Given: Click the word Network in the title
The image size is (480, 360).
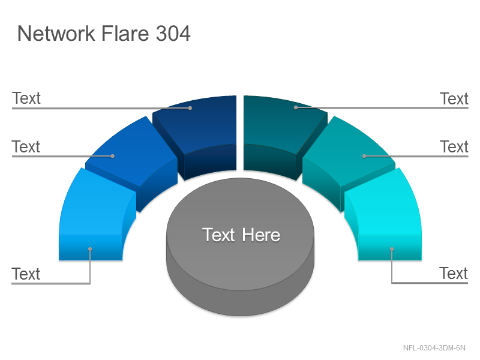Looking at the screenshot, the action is point(56,33).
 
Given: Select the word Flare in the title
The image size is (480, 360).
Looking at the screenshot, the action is point(125,33).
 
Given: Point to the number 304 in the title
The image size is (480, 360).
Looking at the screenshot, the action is point(173,33).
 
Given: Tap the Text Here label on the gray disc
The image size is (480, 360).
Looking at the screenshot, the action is point(241,235).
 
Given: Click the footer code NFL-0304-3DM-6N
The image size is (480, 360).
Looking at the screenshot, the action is point(434,348).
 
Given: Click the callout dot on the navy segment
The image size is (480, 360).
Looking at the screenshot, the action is point(190,108).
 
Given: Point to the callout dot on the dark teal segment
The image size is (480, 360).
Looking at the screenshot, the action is point(296,107).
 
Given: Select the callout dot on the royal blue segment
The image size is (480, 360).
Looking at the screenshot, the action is point(113,156).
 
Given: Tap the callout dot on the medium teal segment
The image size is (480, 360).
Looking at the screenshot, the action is point(364,156).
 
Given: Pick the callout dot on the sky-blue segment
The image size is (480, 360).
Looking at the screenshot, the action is point(90,249).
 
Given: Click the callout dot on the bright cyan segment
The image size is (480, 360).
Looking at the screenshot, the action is point(392,249).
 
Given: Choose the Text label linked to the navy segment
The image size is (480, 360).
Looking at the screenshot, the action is point(26,98).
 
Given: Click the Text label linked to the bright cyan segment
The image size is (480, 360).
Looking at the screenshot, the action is point(454,273).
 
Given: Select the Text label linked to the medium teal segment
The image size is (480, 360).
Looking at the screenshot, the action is point(454,146).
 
